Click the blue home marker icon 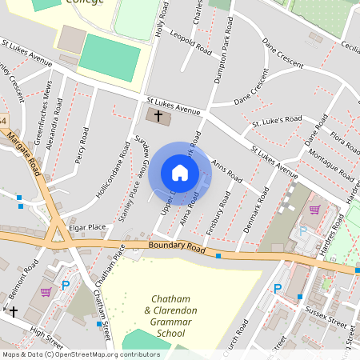[x=179, y=173]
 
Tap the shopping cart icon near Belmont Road [x=46, y=291]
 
